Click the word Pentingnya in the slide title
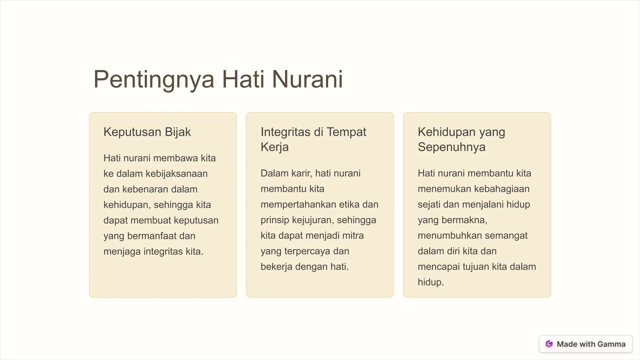pyautogui.click(x=154, y=79)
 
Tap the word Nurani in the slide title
pyautogui.click(x=307, y=79)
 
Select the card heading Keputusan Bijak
pyautogui.click(x=147, y=132)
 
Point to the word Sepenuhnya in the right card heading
pyautogui.click(x=452, y=147)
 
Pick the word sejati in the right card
pyautogui.click(x=429, y=205)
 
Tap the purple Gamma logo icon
pyautogui.click(x=549, y=344)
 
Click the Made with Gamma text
pyautogui.click(x=591, y=344)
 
